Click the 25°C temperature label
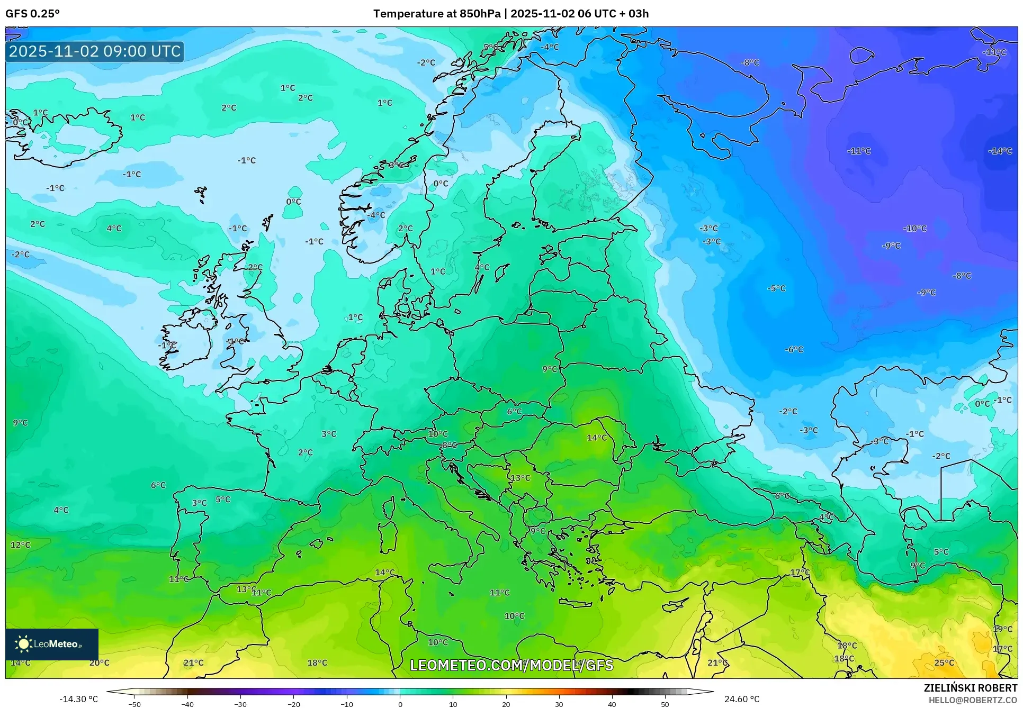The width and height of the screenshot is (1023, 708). pyautogui.click(x=944, y=662)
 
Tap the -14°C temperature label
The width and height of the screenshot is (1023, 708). pyautogui.click(x=1000, y=151)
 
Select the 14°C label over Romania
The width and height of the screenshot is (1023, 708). pyautogui.click(x=597, y=438)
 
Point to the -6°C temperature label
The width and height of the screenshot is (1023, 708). pyautogui.click(x=794, y=349)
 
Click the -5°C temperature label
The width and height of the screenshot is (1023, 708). pyautogui.click(x=776, y=288)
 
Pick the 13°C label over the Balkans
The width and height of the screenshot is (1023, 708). pyautogui.click(x=520, y=478)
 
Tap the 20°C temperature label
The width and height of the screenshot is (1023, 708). pyautogui.click(x=99, y=662)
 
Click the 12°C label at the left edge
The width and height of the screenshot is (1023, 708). pyautogui.click(x=20, y=545)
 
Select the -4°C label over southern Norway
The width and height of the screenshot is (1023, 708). pyautogui.click(x=376, y=215)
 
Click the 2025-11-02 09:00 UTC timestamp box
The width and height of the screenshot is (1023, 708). pyautogui.click(x=95, y=51)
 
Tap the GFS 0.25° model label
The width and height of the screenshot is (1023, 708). pyautogui.click(x=32, y=13)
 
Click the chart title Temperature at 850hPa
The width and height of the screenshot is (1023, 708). pyautogui.click(x=436, y=13)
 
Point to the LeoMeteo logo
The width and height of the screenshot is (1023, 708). pyautogui.click(x=51, y=644)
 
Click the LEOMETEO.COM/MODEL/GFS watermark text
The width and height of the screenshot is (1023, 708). pyautogui.click(x=511, y=665)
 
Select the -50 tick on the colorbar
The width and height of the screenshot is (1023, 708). pyautogui.click(x=134, y=704)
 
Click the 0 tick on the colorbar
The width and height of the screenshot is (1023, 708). pyautogui.click(x=400, y=704)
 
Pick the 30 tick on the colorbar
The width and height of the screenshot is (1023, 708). pyautogui.click(x=559, y=704)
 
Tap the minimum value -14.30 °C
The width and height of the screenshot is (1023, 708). pyautogui.click(x=78, y=699)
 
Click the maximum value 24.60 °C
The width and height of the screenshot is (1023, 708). pyautogui.click(x=741, y=699)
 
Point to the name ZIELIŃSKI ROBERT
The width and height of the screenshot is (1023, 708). pyautogui.click(x=970, y=688)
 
